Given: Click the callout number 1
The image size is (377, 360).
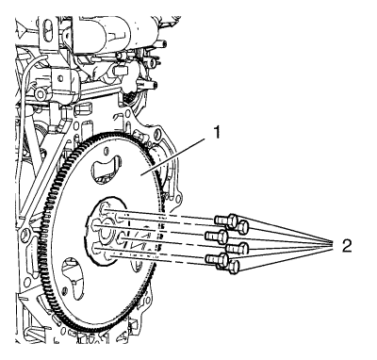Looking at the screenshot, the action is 216,133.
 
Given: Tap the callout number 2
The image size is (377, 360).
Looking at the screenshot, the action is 347,246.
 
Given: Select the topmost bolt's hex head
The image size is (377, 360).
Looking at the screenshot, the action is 233,221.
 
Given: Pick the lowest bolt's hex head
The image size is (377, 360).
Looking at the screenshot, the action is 233,267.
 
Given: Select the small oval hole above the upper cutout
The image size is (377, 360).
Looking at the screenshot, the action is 107,152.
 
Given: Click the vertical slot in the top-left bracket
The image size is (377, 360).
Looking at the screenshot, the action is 47,30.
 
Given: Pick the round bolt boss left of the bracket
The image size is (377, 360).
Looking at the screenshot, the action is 40,93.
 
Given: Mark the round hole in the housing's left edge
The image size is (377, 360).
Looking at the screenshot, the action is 25,234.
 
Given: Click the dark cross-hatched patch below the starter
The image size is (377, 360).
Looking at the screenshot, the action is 128,96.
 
